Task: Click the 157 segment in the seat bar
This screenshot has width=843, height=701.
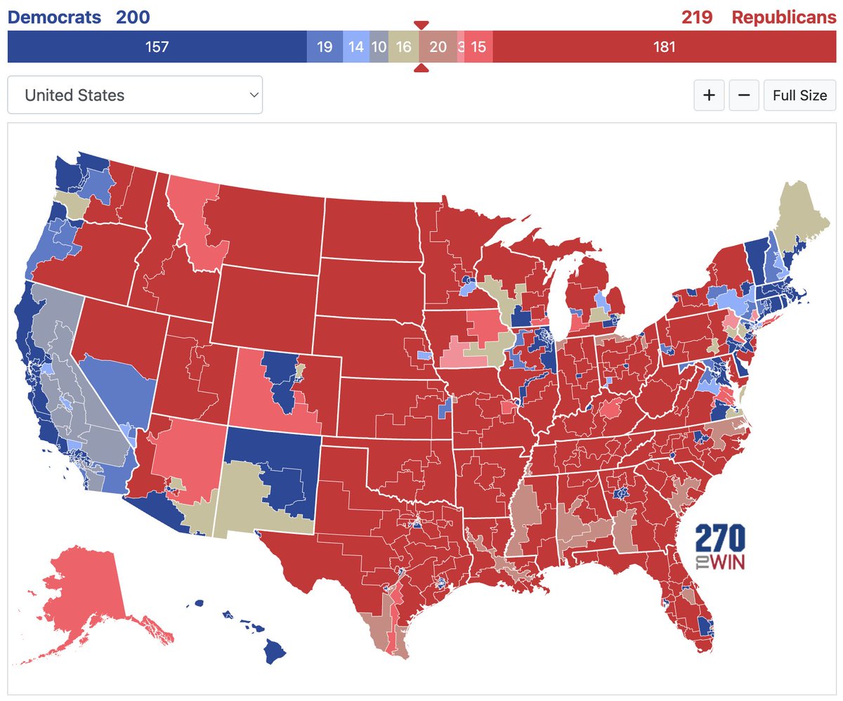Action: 157,47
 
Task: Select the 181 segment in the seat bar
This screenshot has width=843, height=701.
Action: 664,47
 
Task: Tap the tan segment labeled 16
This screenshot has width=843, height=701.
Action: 403,47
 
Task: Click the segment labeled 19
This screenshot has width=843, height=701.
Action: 325,47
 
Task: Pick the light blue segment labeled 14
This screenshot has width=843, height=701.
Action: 355,47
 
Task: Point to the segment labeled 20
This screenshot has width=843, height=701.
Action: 438,47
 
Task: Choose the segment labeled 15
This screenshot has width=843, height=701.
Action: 478,47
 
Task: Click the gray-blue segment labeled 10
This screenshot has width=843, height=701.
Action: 379,47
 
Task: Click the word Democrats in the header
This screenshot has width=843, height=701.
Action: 54,18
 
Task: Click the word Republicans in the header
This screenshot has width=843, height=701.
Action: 783,18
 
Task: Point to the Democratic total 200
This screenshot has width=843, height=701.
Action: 133,18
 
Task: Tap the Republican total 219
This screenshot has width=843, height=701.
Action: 697,18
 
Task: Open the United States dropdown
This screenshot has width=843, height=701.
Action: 135,95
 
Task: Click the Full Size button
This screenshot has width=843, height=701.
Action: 799,95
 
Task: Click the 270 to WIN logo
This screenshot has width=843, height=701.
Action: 720,546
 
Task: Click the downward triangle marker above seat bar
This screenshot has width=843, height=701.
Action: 421,25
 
